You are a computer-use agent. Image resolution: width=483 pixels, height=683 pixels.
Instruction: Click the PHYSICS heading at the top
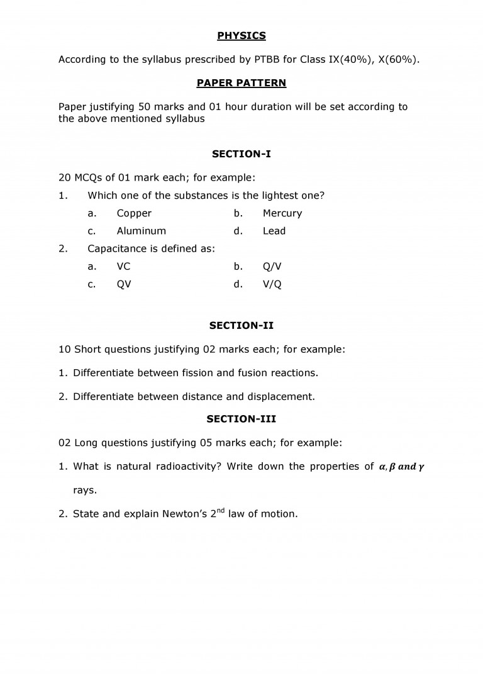coord(241,36)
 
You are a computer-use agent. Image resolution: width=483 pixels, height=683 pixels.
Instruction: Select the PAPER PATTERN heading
coord(241,83)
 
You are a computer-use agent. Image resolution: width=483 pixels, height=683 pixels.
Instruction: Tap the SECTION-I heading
coord(241,153)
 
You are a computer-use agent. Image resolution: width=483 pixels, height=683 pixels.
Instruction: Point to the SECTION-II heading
coord(241,326)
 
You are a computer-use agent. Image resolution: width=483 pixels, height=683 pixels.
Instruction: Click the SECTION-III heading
coord(241,419)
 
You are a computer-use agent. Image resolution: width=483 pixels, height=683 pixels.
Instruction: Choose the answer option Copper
coord(134,213)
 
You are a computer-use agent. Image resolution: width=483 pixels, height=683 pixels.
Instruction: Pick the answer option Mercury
coord(282,213)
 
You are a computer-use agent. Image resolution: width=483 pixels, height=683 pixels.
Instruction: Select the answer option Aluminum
coord(142,231)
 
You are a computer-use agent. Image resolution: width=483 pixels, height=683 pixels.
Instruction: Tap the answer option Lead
coord(274,231)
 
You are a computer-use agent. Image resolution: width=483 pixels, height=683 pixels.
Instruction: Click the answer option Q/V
coord(272,266)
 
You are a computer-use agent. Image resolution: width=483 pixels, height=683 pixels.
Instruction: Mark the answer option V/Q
coord(272,284)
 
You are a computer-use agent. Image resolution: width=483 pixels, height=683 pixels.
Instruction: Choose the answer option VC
coord(123,266)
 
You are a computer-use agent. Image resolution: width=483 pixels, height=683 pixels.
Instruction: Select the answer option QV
coord(124,284)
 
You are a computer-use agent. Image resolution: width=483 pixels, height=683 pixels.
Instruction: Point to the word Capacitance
coord(117,248)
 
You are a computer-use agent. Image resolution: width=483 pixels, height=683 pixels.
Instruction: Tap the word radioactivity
coord(186,467)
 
